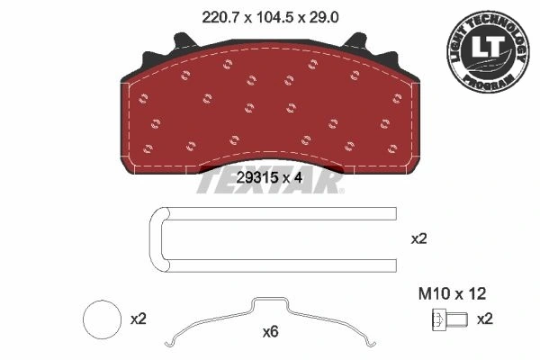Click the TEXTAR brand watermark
click(270, 183)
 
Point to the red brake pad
click(270, 108)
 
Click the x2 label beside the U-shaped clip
click(418, 239)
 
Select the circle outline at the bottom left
click(100, 319)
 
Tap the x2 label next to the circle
click(138, 319)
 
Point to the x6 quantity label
click(269, 332)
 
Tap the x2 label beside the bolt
click(484, 319)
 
